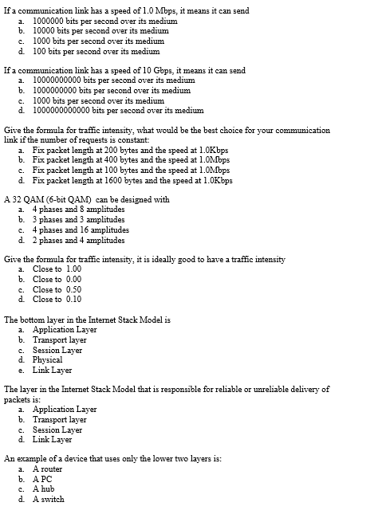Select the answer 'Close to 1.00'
pos(57,269)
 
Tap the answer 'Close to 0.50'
pos(57,289)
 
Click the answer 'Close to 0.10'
pos(57,300)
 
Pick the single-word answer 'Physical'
pos(47,359)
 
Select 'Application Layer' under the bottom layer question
pos(65,329)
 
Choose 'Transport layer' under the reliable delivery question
pos(60,419)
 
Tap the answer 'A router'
pos(47,469)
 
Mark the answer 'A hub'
pos(45,489)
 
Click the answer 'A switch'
pos(48,500)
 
